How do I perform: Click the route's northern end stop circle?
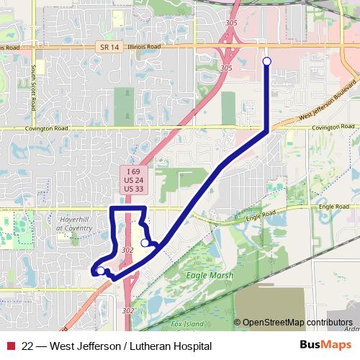[x=267, y=61]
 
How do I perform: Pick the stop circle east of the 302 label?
[x=145, y=243]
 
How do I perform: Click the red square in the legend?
[x=11, y=346]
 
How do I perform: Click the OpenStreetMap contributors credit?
[x=297, y=323]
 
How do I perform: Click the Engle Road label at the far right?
[x=333, y=207]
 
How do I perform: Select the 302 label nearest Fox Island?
[x=128, y=311]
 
